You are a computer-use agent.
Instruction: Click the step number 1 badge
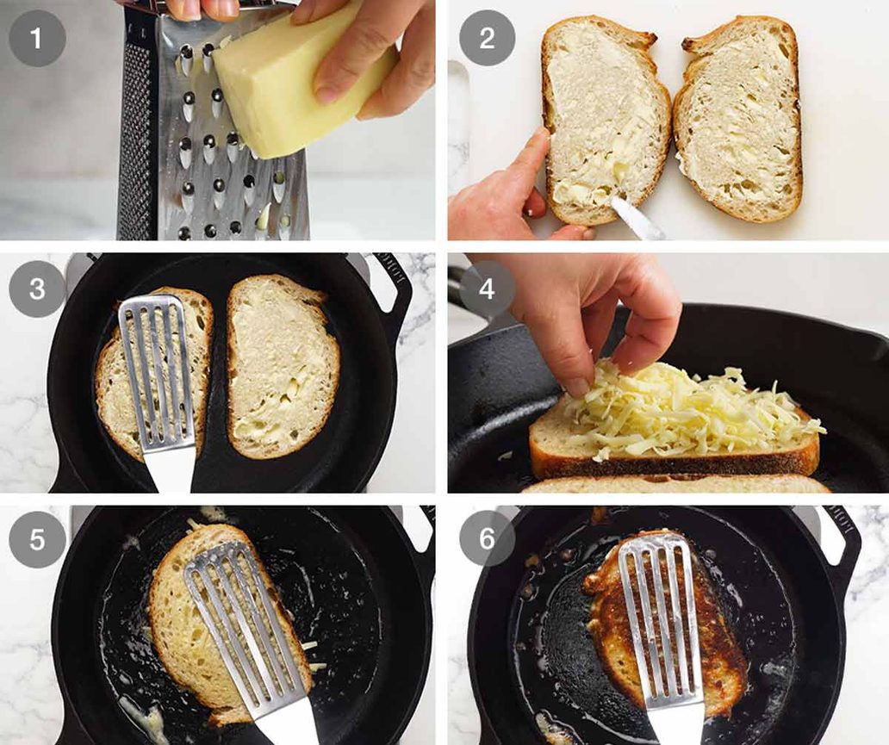pyautogui.click(x=37, y=38)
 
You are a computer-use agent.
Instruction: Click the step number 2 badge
pyautogui.click(x=487, y=38)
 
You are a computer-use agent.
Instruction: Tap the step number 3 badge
pyautogui.click(x=37, y=289)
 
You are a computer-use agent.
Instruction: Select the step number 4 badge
pyautogui.click(x=487, y=289)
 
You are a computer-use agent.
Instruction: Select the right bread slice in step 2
pyautogui.click(x=739, y=121)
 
